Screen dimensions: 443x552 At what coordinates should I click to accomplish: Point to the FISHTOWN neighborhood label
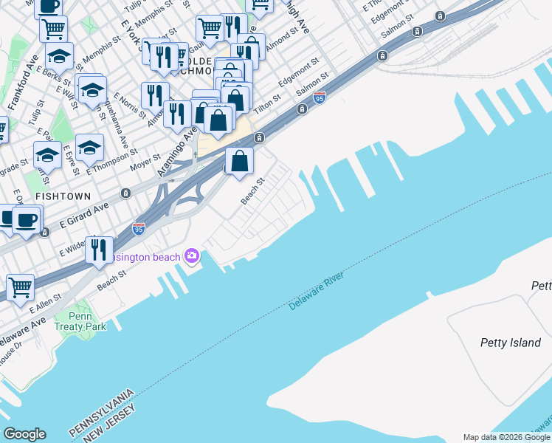pos(62,196)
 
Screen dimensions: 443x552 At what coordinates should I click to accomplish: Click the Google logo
pos(24,434)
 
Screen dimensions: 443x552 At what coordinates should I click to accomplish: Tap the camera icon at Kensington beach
pos(192,256)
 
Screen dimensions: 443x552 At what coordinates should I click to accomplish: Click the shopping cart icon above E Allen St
pos(21,286)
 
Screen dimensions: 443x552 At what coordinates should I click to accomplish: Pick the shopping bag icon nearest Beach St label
pos(240,160)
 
